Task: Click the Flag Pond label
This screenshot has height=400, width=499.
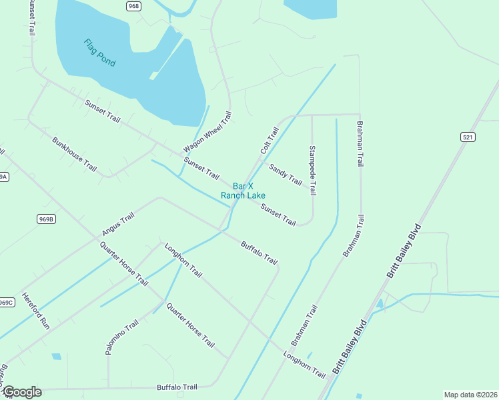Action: pyautogui.click(x=99, y=53)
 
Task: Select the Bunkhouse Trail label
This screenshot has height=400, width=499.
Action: pyautogui.click(x=74, y=153)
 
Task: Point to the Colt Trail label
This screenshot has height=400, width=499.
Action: pyautogui.click(x=268, y=142)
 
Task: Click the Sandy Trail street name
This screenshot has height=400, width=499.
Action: pyautogui.click(x=286, y=174)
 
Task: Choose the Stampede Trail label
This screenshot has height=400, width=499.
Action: pyautogui.click(x=312, y=170)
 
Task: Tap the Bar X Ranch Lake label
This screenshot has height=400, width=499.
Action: pyautogui.click(x=243, y=191)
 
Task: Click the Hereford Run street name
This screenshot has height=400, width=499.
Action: pyautogui.click(x=36, y=311)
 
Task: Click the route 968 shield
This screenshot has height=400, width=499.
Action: pyautogui.click(x=133, y=6)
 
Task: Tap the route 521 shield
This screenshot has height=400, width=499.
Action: pyautogui.click(x=468, y=137)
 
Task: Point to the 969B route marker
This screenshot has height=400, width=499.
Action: pyautogui.click(x=46, y=219)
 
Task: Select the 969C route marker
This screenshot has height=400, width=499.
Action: pyautogui.click(x=6, y=302)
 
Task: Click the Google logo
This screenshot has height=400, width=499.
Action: pyautogui.click(x=21, y=392)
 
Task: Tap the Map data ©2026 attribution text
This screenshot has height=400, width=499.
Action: pyautogui.click(x=470, y=395)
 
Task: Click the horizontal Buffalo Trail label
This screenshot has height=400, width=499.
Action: pyautogui.click(x=177, y=387)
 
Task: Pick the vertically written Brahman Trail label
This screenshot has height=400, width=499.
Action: pyautogui.click(x=360, y=143)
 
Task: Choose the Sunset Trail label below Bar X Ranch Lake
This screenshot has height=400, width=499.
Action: pyautogui.click(x=278, y=215)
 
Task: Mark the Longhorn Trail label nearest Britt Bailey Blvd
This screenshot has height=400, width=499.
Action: pyautogui.click(x=304, y=363)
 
